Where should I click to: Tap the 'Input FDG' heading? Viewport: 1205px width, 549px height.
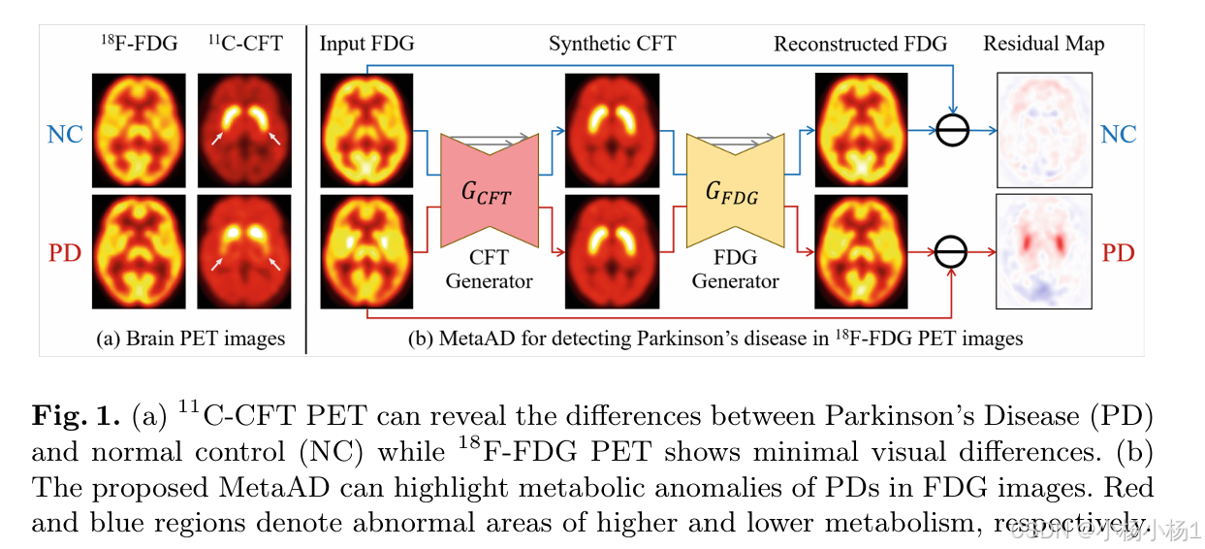[x=366, y=44]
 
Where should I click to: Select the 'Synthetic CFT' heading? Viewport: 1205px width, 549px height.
[x=612, y=44]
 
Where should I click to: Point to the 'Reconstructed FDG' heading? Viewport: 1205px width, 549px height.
[x=860, y=44]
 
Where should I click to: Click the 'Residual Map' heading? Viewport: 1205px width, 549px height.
[x=1043, y=44]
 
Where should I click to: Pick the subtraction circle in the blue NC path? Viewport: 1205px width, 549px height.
[x=953, y=130]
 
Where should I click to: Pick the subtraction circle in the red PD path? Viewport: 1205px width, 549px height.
[x=953, y=254]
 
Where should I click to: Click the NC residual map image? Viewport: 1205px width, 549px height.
[x=1044, y=130]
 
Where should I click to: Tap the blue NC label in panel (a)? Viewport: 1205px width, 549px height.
[x=65, y=134]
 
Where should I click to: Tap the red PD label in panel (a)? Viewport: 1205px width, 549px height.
[x=65, y=254]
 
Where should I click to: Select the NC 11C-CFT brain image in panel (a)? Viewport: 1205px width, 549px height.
[x=244, y=130]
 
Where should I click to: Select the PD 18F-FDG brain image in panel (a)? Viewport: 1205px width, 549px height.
[x=139, y=252]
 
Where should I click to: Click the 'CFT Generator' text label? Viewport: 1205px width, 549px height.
[x=489, y=270]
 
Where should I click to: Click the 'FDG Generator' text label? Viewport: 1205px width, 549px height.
[x=736, y=270]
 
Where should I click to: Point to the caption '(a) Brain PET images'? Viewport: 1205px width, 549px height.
[x=191, y=339]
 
